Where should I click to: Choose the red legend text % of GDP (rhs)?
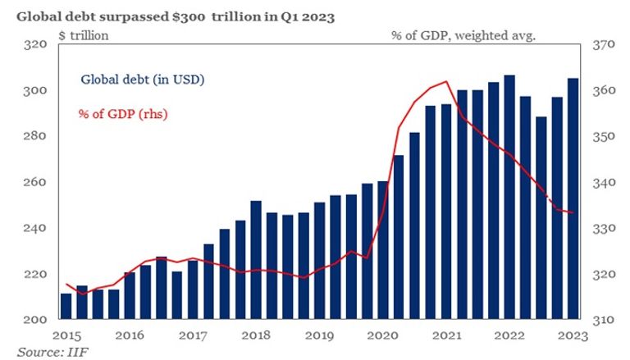(124, 113)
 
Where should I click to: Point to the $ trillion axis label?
(84, 35)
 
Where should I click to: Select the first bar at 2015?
(66, 306)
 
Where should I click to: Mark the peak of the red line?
(445, 81)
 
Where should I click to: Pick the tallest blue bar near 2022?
(509, 197)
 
